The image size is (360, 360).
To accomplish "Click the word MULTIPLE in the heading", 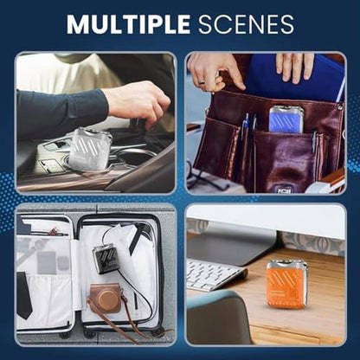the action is (x=129, y=24).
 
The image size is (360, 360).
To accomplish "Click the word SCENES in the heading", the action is (x=246, y=24).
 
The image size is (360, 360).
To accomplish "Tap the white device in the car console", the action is (x=90, y=150).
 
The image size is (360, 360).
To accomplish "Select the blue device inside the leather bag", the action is (x=286, y=119).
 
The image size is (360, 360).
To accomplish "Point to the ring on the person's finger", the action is (x=203, y=81).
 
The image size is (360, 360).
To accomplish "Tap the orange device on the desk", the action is (x=287, y=285).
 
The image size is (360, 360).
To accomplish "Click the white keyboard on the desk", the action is (x=215, y=274).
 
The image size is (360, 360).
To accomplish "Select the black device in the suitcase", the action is (x=106, y=259).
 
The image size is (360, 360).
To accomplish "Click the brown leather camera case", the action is (x=105, y=299).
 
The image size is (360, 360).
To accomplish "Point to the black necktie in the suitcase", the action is (x=24, y=295).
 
